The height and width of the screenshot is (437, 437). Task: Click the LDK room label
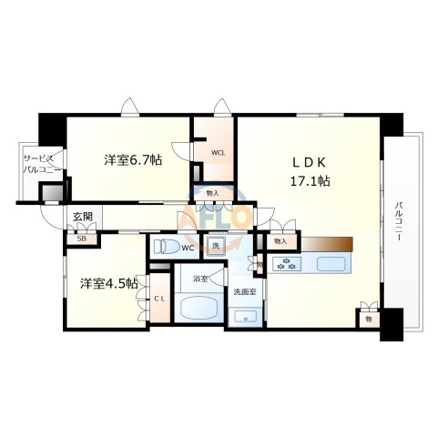(309, 163)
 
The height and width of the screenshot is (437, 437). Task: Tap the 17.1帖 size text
(310, 180)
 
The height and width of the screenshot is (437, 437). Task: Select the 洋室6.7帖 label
(133, 160)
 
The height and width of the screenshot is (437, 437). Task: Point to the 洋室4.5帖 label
(107, 283)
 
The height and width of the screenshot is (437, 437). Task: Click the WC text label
(188, 248)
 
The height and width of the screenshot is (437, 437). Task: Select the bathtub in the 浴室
(197, 307)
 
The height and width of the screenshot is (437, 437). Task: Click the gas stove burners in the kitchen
(289, 264)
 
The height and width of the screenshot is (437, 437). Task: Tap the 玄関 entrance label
(84, 216)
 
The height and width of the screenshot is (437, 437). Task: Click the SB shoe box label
(82, 239)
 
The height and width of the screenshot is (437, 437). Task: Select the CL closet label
(158, 299)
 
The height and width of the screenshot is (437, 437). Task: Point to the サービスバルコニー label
(41, 164)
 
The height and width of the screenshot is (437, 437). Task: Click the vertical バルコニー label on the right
(399, 224)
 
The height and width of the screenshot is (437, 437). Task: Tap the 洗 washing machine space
(215, 247)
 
